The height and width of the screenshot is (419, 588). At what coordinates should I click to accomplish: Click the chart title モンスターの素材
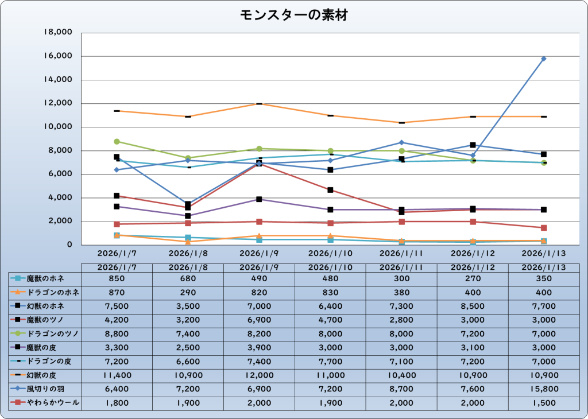click(293, 15)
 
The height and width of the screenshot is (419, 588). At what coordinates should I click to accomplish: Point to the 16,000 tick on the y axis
click(57, 56)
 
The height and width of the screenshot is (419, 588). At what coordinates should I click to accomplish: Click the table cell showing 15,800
click(543, 389)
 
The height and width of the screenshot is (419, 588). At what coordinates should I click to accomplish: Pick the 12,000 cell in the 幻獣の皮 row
click(259, 375)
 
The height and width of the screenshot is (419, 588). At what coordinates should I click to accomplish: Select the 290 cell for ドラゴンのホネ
click(188, 292)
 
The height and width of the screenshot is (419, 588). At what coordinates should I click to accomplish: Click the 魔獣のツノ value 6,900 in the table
click(259, 320)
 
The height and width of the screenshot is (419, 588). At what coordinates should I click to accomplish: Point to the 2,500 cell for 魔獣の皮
click(188, 348)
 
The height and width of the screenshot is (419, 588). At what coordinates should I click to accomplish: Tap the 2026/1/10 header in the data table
click(330, 267)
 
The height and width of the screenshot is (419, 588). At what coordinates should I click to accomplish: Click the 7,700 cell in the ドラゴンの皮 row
click(330, 362)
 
